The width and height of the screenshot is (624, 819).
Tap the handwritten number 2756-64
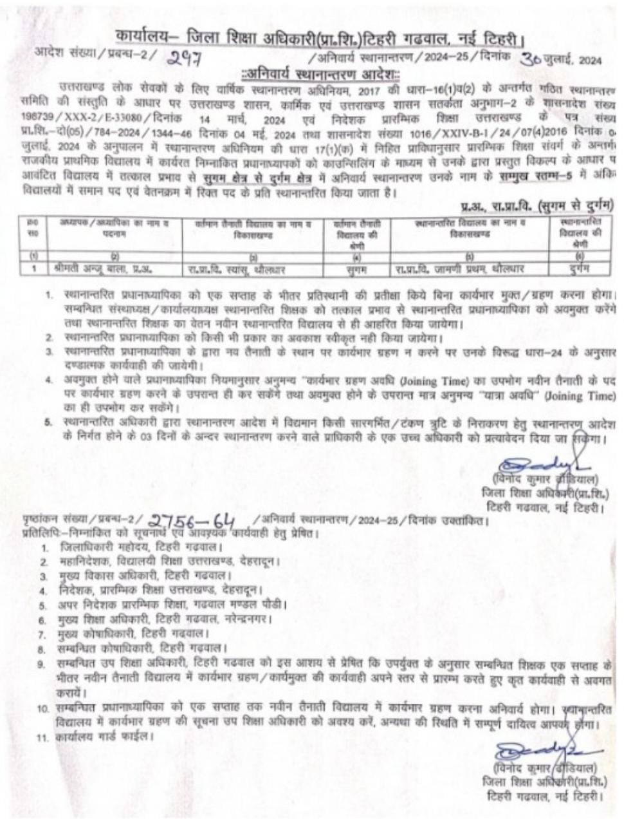192,521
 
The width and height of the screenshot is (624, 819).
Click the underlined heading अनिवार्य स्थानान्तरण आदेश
319,73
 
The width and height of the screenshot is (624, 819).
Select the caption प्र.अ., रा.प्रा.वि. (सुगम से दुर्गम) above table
537,206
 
